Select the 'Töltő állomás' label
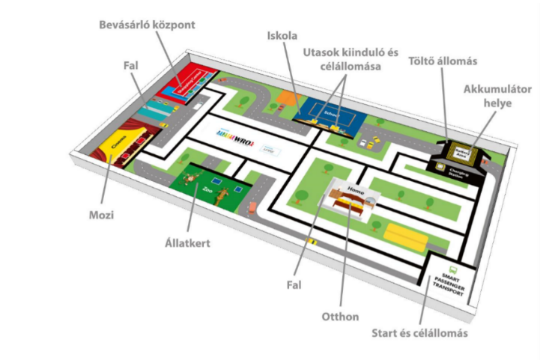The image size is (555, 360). (431, 61)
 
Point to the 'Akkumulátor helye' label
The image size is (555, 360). (497, 95)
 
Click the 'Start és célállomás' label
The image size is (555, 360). (425, 333)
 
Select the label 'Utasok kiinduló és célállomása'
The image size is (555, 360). (342, 59)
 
